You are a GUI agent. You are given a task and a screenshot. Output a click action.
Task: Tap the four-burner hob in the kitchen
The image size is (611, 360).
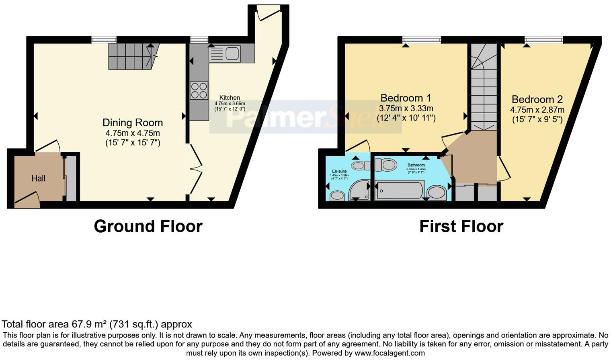pos(199,90)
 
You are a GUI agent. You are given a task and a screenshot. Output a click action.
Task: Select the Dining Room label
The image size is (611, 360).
pos(133,123)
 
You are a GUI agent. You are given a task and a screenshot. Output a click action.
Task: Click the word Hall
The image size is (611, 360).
pos(38,178)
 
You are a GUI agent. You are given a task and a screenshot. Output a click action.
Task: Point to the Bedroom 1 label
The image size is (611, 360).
pos(406,98)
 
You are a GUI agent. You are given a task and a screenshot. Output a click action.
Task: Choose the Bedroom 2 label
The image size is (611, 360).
pos(537,99)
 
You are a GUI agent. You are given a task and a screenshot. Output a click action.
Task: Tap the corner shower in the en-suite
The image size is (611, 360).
pos(359,190)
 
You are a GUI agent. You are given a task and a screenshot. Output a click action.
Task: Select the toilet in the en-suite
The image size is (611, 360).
pos(360,166)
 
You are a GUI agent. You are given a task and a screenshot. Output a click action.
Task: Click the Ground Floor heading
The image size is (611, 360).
pos(148,226)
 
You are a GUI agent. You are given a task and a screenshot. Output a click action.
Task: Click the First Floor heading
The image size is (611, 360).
pos(461,226)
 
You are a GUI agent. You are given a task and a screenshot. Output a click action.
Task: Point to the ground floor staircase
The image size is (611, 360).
pos(133,56)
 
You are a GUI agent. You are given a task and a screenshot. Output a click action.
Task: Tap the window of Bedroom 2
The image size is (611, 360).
pos(543,39)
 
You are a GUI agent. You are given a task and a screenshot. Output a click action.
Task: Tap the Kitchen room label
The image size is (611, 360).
pos(230,98)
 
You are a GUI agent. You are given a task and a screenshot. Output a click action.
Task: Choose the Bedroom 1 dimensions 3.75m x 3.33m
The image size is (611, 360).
pos(406,108)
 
